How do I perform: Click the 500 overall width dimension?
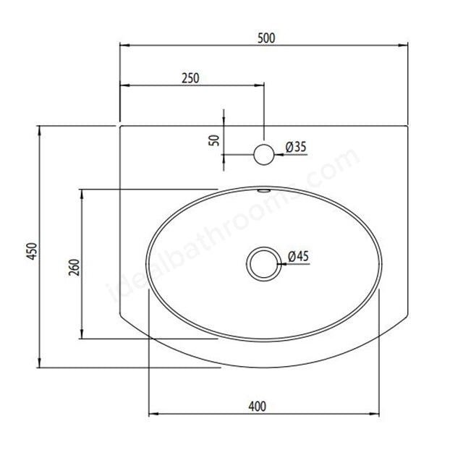click(266, 38)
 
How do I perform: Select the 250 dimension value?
click(190, 77)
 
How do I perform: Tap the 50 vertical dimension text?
click(214, 139)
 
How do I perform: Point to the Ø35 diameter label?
click(297, 147)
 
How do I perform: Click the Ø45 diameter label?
click(298, 256)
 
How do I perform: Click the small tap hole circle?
click(264, 154)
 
